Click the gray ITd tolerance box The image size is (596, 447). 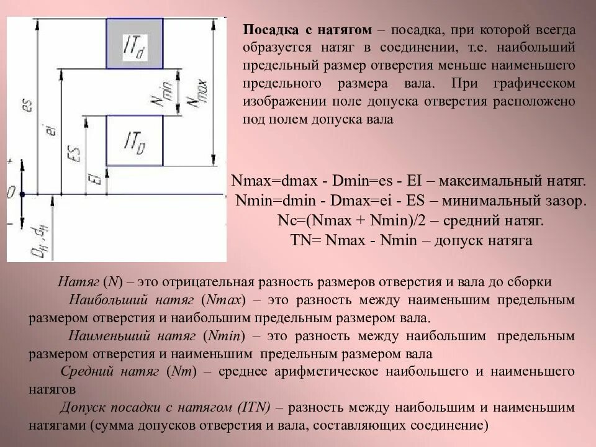coord(135,43)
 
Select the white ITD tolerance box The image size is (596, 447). coord(135,141)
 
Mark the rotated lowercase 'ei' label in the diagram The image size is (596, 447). coord(51,130)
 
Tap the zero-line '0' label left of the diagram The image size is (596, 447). coord(11,192)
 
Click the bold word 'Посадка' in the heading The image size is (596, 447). coord(268,30)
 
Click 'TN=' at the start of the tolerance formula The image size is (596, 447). coord(305,240)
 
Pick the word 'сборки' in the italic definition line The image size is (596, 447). coord(531,282)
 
